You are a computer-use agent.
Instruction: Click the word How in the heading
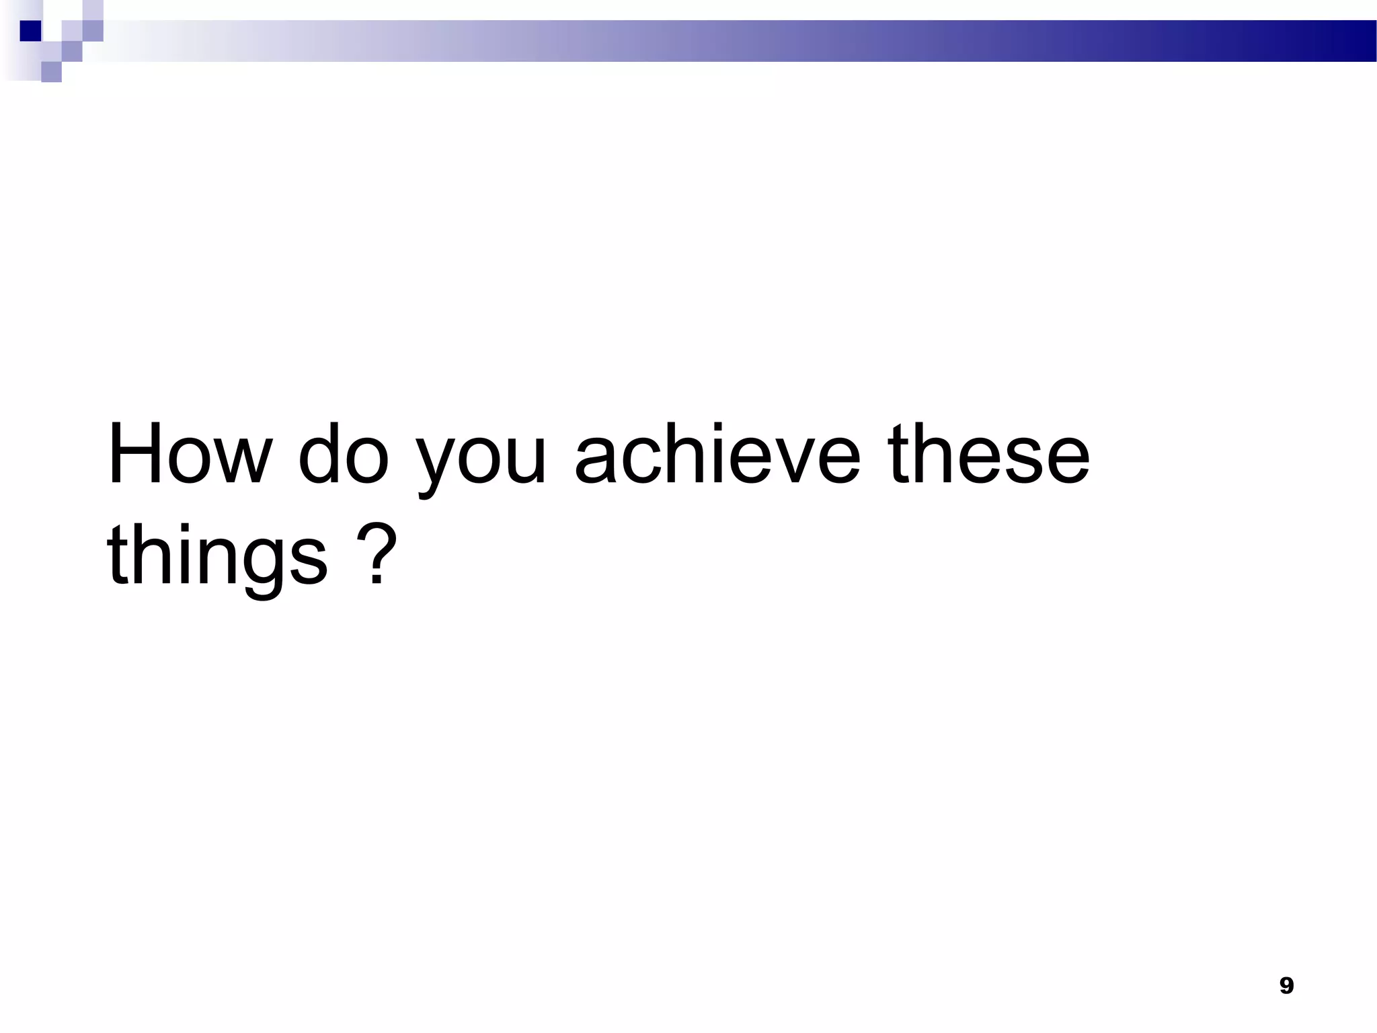[x=190, y=453]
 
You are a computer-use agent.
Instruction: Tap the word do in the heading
[x=343, y=453]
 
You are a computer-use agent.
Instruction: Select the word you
[x=480, y=457]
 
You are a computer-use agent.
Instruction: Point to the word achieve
[x=717, y=453]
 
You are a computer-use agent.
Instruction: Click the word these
[x=988, y=453]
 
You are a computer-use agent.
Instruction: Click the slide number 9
[x=1286, y=986]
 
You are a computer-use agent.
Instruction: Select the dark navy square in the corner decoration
[x=30, y=31]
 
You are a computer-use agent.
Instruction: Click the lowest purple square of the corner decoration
[x=51, y=72]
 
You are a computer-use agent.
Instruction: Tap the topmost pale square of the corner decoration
[x=93, y=9]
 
